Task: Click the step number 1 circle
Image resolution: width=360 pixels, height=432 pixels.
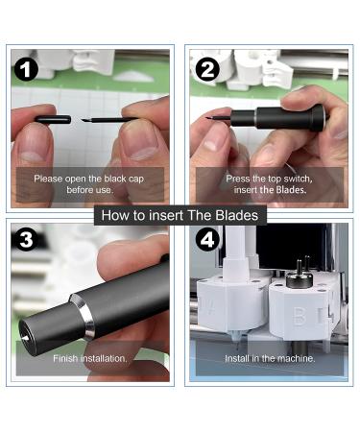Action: tap(26, 69)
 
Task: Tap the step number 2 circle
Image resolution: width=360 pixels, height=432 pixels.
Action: tap(207, 69)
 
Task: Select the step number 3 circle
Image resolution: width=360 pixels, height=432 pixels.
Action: tap(26, 239)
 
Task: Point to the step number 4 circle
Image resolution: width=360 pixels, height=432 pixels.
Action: tap(207, 239)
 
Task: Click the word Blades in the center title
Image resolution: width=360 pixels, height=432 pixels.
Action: tap(237, 215)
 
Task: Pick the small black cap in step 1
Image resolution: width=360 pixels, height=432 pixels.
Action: tap(53, 119)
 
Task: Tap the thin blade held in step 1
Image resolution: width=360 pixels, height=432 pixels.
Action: tap(108, 120)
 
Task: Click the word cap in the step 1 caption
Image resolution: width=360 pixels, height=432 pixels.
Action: tap(136, 179)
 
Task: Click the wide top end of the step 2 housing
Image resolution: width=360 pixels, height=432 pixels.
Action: tap(319, 118)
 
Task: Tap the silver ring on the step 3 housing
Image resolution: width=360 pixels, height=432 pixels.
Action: tap(83, 316)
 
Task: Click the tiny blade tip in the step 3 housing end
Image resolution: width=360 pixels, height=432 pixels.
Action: tap(24, 337)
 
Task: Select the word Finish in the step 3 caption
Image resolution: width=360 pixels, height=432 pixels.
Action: tap(65, 358)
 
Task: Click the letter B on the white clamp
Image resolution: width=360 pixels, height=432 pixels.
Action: tap(300, 317)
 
